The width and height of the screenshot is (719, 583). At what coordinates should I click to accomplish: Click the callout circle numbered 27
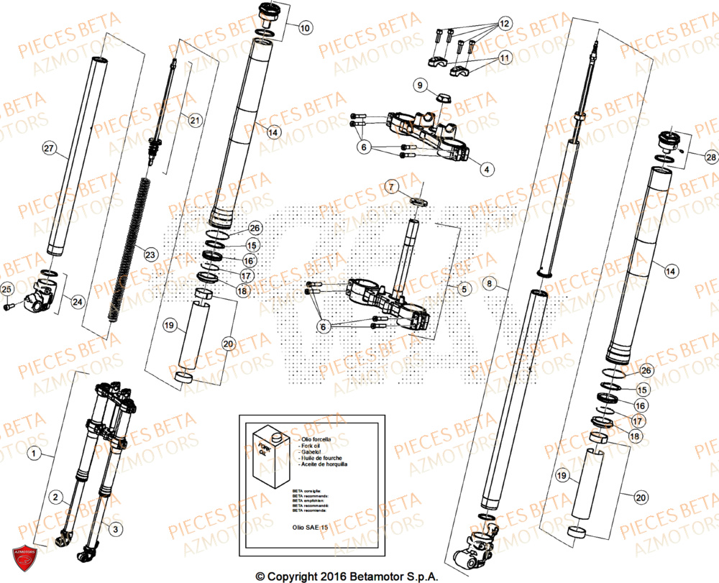click(49, 149)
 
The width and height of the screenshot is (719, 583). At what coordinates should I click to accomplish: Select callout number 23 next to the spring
click(150, 254)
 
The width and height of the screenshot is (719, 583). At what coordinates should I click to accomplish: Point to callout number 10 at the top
click(305, 29)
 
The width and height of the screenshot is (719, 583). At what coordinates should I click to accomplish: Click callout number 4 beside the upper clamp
click(487, 170)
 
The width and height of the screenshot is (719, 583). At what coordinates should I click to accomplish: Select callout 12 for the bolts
click(503, 24)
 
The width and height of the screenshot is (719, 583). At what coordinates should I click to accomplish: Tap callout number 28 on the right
click(710, 156)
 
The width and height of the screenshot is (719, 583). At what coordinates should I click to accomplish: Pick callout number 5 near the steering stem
click(464, 290)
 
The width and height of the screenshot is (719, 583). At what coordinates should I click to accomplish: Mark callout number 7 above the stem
click(391, 187)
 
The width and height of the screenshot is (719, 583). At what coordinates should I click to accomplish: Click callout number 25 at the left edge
click(7, 289)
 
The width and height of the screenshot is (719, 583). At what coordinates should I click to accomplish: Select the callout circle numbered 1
click(32, 453)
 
